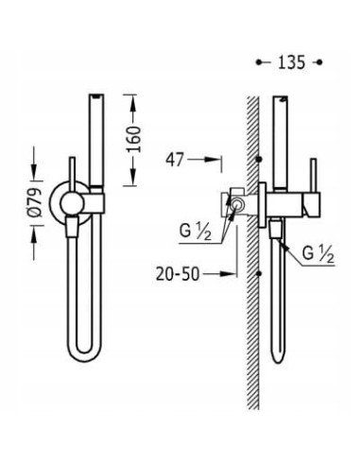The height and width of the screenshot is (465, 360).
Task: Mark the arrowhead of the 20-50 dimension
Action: point(232,275)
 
